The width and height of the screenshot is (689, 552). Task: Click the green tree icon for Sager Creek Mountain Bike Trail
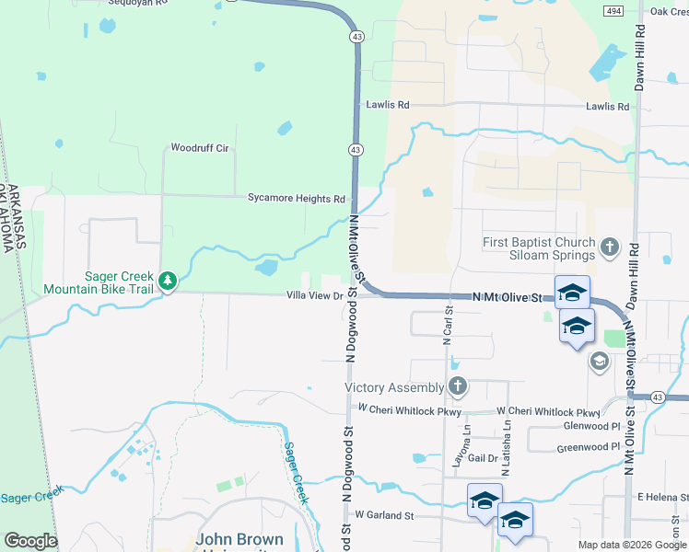coord(167,281)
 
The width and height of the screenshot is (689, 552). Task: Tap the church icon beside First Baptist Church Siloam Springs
coord(609,247)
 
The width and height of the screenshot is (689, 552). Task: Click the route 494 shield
coord(614,10)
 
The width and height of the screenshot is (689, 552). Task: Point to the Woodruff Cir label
coord(199,147)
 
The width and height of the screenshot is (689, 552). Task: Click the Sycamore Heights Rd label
coord(296,198)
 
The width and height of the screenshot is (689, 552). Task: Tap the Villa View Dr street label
coord(314,295)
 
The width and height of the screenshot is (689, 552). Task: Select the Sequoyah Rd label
coord(138,3)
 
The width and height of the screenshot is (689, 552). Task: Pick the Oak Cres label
coord(670,11)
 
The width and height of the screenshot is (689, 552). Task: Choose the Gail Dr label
coord(483,458)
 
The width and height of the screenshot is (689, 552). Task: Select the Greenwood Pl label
coord(589,448)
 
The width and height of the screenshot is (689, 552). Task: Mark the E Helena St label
coord(663,497)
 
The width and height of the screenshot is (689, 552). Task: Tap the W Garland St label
coord(385,515)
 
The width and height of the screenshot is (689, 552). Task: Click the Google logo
coord(30,541)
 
